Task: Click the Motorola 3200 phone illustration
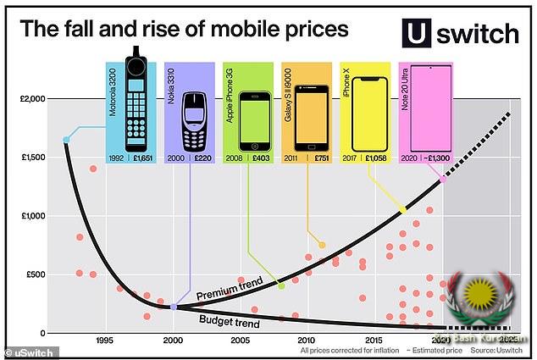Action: [x=136, y=102]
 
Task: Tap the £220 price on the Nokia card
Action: [x=202, y=158]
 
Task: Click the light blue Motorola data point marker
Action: [x=66, y=140]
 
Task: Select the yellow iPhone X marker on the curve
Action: [x=402, y=210]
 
